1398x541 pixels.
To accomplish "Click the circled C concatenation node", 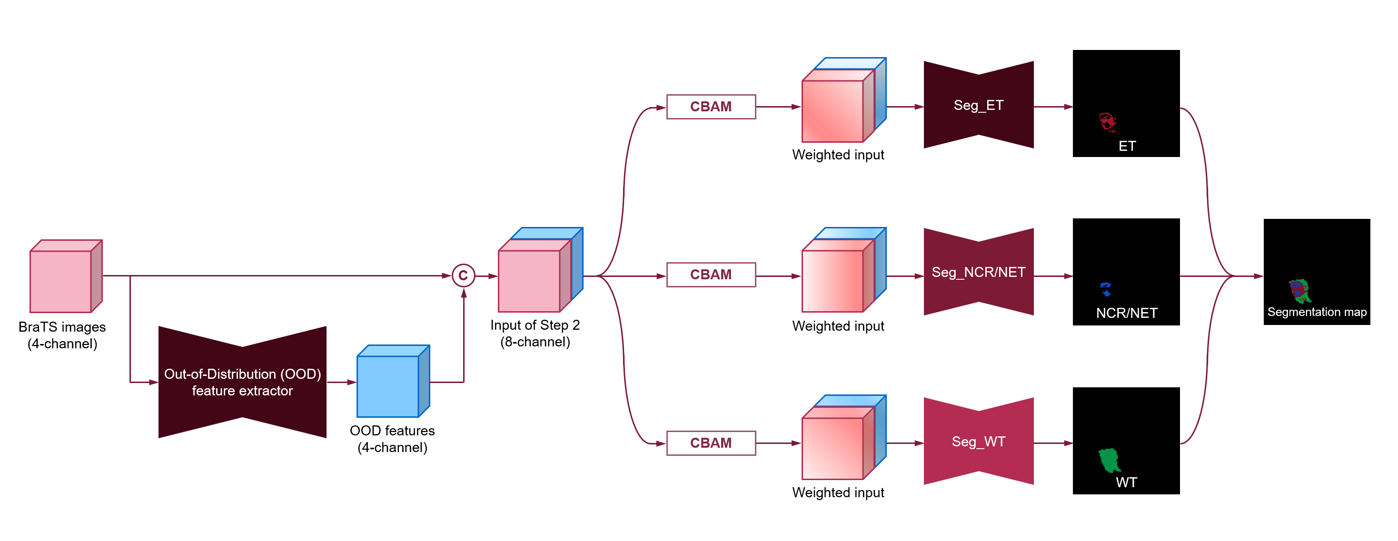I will click(463, 275).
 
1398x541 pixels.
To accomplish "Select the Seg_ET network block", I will click(978, 105).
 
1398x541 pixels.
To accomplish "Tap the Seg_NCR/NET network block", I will click(978, 272).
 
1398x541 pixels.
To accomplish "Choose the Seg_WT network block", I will click(978, 441).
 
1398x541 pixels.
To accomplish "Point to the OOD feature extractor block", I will click(242, 382).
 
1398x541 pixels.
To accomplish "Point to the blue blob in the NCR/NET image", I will click(1105, 289).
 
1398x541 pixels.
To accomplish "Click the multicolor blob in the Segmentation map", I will click(1299, 290).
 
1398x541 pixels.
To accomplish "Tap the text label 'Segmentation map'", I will click(1317, 312).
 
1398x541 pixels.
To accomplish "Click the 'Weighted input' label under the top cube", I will click(837, 155).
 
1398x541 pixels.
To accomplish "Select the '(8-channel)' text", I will click(535, 342).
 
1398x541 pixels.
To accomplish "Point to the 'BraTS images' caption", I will click(62, 327).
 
